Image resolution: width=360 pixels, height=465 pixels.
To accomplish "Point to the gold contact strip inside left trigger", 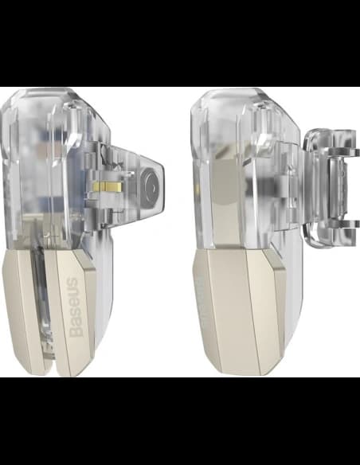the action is click(x=108, y=187).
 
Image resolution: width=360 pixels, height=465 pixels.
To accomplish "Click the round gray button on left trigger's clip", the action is click(x=151, y=188).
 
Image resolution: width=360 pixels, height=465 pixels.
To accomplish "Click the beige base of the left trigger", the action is click(x=49, y=311).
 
